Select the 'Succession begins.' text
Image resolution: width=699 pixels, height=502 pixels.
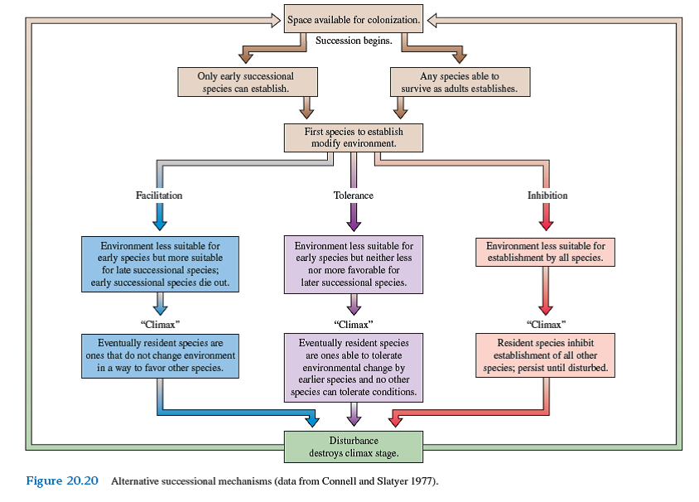pyautogui.click(x=354, y=41)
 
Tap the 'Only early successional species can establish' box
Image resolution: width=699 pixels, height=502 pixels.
pyautogui.click(x=246, y=82)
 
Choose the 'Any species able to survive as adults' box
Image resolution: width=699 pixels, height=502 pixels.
pyautogui.click(x=460, y=82)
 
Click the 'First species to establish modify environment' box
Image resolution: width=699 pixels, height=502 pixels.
pyautogui.click(x=354, y=138)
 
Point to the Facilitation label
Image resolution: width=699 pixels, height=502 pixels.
pyautogui.click(x=159, y=195)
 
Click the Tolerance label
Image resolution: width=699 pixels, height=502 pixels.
pyautogui.click(x=354, y=195)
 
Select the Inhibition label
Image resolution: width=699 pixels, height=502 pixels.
pyautogui.click(x=547, y=195)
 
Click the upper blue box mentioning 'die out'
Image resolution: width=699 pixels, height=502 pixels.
pyautogui.click(x=160, y=264)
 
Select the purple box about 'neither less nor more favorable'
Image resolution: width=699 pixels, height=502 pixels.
pyautogui.click(x=354, y=264)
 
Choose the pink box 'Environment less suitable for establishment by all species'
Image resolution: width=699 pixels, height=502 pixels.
pyautogui.click(x=546, y=252)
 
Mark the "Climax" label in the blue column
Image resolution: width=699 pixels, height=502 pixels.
pyautogui.click(x=160, y=323)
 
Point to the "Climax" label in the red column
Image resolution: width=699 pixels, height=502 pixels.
pyautogui.click(x=546, y=323)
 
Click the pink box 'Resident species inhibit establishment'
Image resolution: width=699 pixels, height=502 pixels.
pyautogui.click(x=546, y=355)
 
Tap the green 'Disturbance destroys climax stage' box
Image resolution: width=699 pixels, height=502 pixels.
pyautogui.click(x=354, y=446)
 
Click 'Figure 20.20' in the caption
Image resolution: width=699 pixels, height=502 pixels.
pyautogui.click(x=62, y=481)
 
